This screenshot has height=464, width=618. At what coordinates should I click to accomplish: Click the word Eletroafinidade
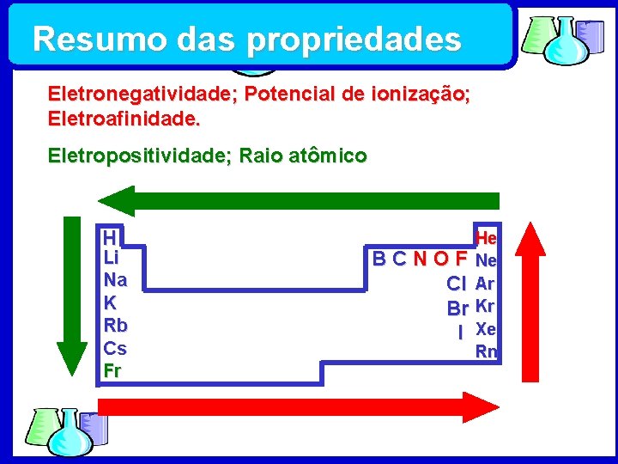(124, 118)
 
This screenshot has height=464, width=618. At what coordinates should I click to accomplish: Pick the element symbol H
(109, 237)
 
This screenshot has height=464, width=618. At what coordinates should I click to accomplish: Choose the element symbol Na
(115, 280)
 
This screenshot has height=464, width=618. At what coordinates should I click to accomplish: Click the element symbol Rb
(115, 326)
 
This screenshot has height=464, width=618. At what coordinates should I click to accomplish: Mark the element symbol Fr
(112, 371)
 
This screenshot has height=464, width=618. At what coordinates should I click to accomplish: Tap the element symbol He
(486, 236)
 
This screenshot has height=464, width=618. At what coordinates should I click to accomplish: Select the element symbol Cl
(457, 284)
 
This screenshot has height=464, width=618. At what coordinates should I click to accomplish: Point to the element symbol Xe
(486, 328)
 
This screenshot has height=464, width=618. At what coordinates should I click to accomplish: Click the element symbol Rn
(486, 351)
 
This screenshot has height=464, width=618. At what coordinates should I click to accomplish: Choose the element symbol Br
(457, 307)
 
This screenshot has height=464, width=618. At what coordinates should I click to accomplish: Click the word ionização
(422, 94)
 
